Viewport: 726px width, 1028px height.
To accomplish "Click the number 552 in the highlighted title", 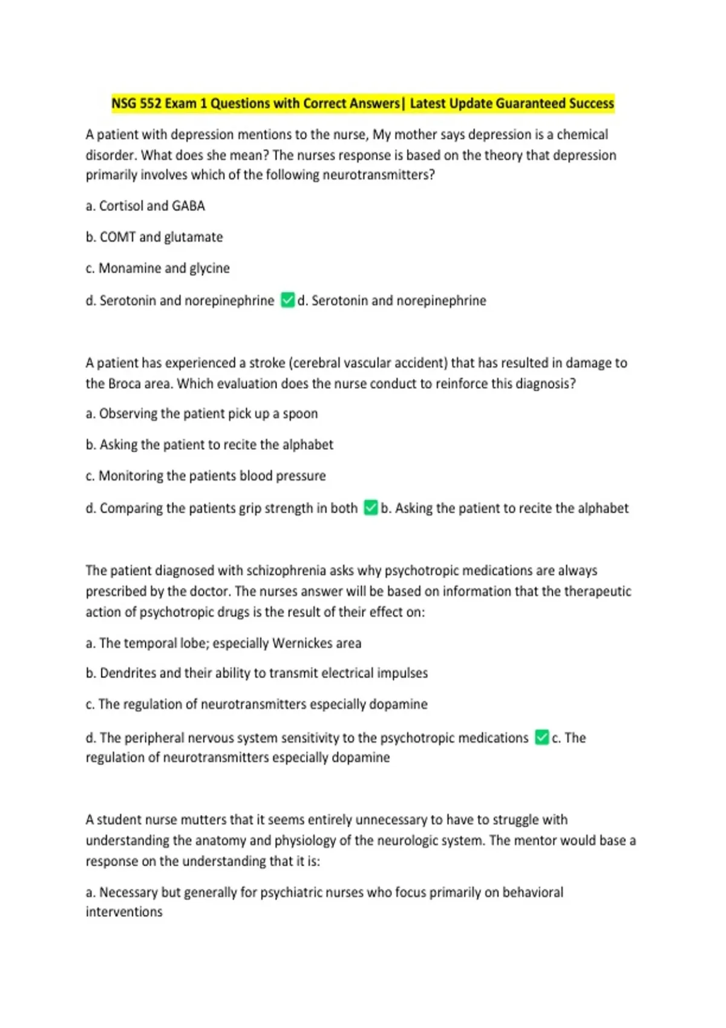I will click(x=151, y=103).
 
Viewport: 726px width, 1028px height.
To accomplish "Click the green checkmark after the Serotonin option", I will click(x=288, y=300).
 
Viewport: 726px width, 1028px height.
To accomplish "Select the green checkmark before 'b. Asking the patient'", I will click(x=371, y=508).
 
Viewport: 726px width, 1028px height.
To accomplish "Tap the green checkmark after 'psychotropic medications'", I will click(x=542, y=737).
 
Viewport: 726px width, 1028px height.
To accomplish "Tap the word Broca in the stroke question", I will click(x=124, y=383).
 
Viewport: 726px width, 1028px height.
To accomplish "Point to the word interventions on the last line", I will click(x=124, y=912).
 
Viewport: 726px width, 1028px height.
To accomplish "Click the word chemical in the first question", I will click(x=582, y=134).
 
